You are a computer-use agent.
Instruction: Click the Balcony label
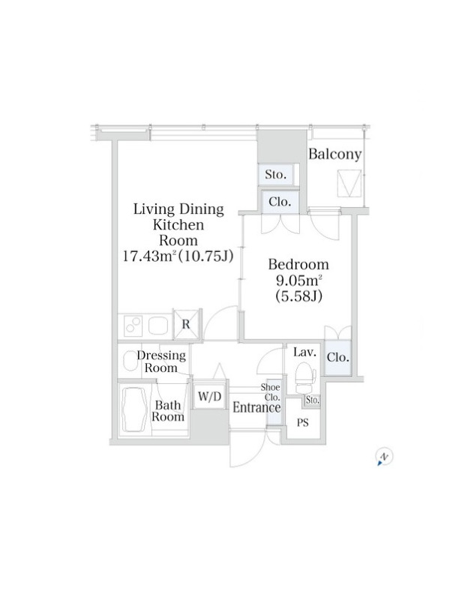334,154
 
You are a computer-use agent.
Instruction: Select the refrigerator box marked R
186,324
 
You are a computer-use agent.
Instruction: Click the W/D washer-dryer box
210,396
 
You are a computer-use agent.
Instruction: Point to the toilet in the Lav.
305,378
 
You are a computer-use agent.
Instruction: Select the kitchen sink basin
158,326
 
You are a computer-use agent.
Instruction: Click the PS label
303,423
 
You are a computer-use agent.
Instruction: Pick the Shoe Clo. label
271,391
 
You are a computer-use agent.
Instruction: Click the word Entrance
256,407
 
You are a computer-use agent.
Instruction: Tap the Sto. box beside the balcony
275,175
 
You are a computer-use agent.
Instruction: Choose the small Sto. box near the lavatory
312,400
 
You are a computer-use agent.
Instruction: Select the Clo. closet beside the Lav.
338,357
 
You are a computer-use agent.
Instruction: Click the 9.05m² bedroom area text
298,280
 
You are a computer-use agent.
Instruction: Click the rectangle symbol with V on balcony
349,183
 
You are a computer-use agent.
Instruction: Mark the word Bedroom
298,265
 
